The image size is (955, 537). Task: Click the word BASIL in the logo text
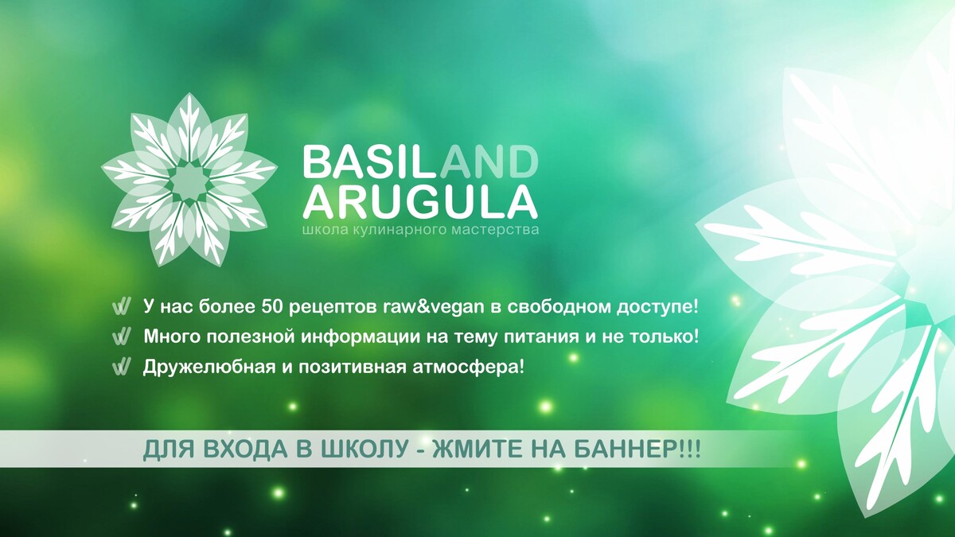pos(371,161)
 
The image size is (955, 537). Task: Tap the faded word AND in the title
pos(489,161)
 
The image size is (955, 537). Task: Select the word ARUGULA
pos(420,201)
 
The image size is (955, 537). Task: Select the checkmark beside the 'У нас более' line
pos(121,308)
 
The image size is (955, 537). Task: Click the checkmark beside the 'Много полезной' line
pos(121,337)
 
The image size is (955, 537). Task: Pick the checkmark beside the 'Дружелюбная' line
pos(121,367)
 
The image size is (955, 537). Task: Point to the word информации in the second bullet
pos(361,337)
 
